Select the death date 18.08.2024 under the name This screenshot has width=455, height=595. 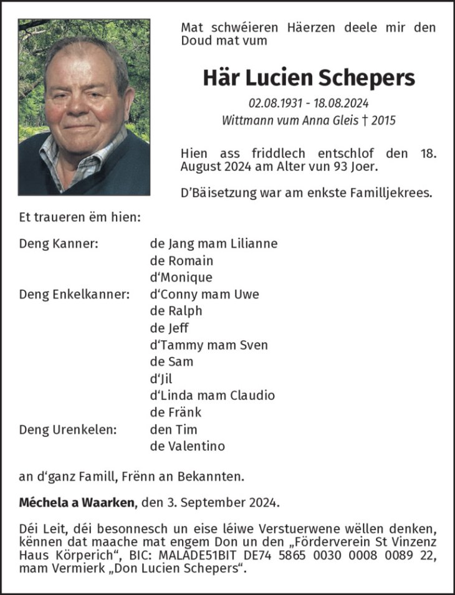click(342, 103)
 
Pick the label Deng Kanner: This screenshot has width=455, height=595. click(59, 244)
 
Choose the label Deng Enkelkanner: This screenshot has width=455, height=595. click(74, 294)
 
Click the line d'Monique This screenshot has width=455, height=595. click(181, 277)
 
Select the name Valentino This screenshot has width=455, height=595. click(196, 446)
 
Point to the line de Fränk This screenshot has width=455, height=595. click(175, 412)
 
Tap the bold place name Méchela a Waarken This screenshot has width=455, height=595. click(77, 502)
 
